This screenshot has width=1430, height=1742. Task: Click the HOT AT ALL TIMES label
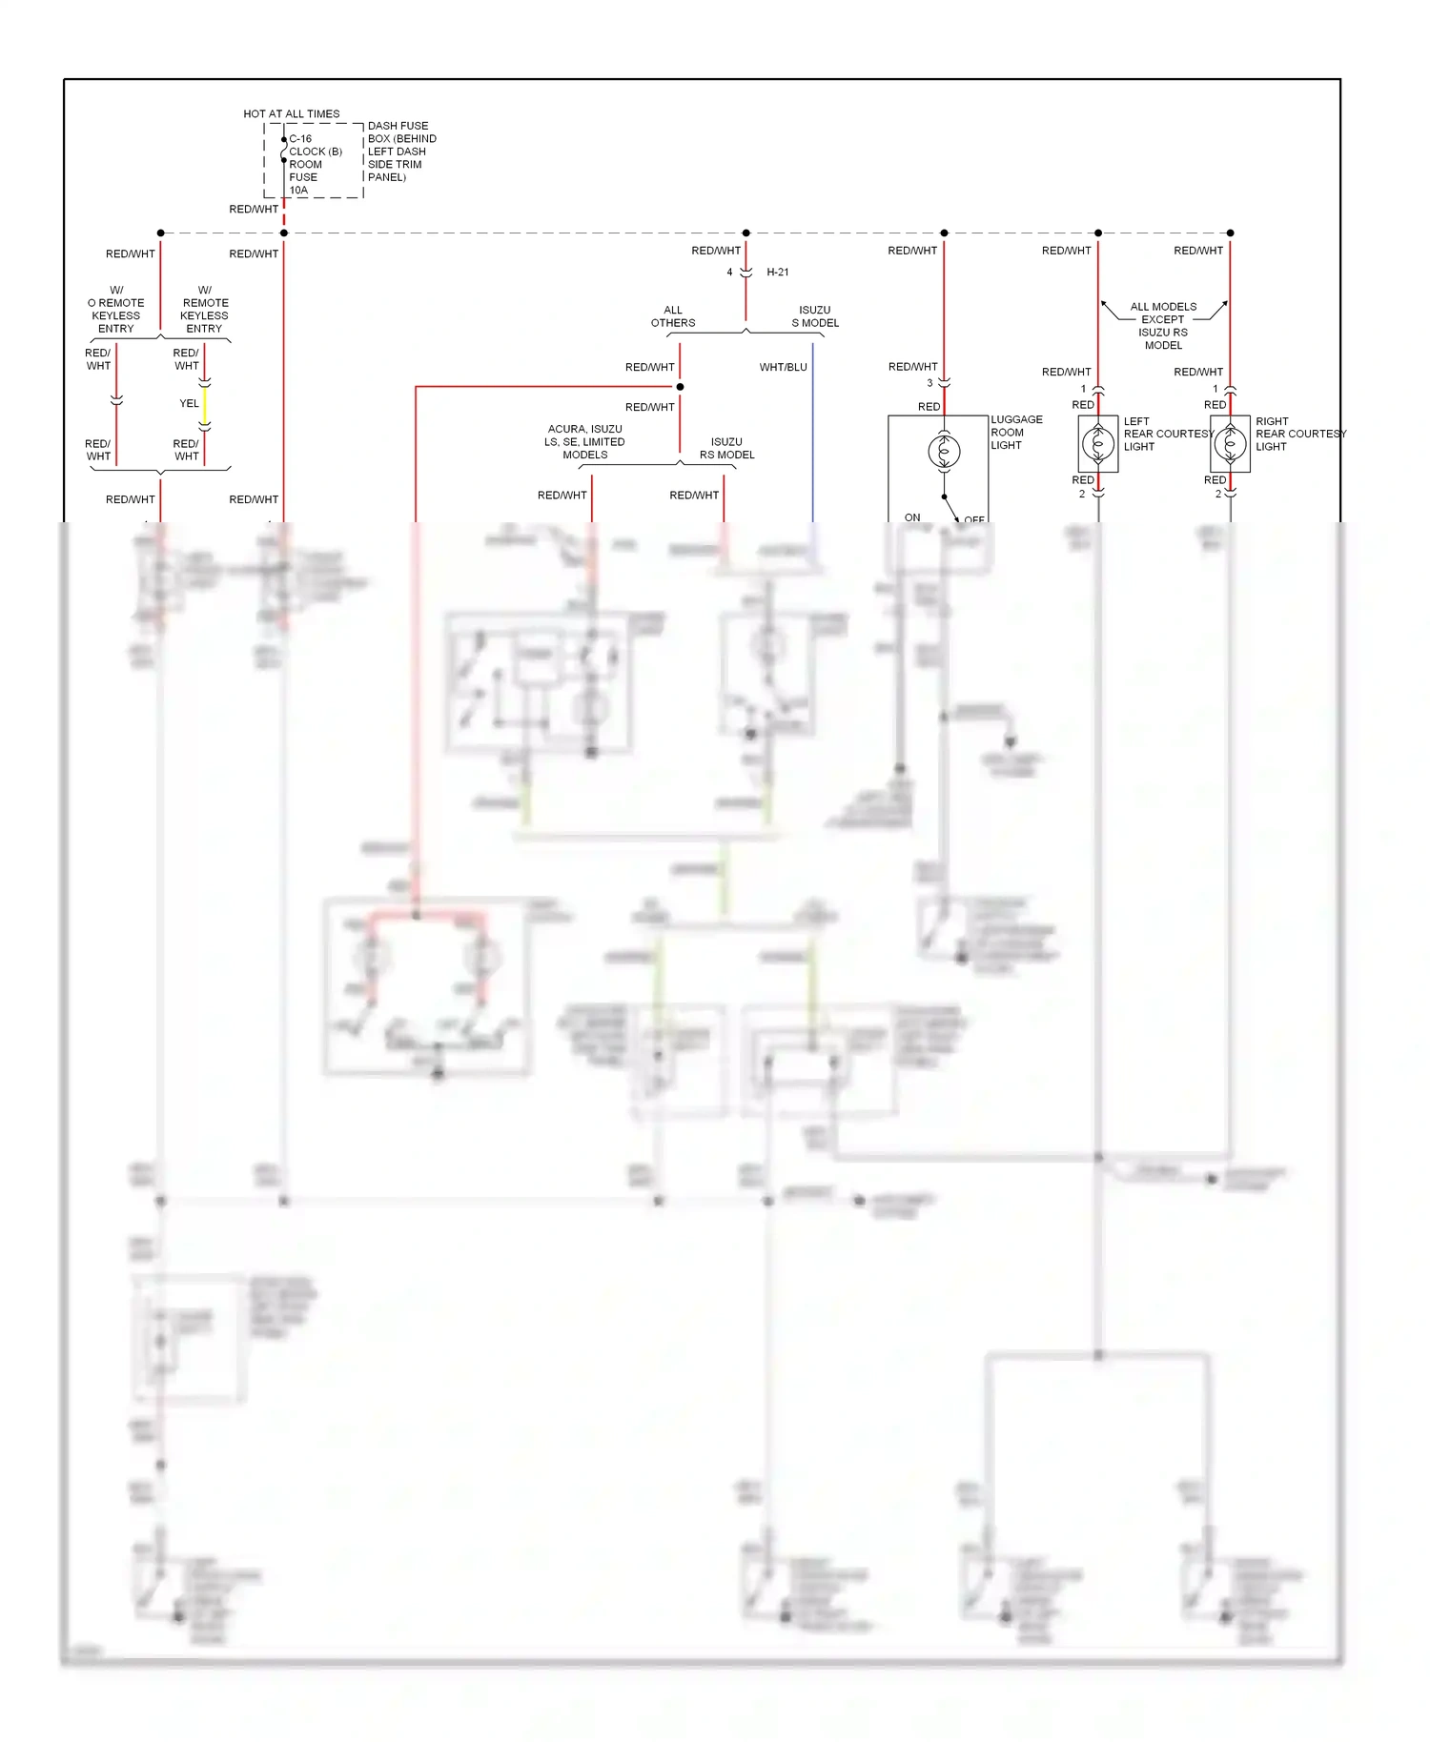tap(291, 114)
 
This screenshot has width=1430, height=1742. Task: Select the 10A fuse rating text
tap(298, 191)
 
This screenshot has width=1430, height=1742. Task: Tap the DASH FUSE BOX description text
tap(401, 152)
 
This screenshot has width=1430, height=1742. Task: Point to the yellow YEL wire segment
tap(204, 405)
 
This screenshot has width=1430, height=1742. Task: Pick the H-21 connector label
tap(777, 273)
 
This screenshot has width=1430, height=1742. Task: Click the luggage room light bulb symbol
tap(944, 450)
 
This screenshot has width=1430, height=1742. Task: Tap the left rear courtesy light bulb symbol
tap(1098, 443)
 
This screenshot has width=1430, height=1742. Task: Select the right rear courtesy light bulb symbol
tap(1230, 443)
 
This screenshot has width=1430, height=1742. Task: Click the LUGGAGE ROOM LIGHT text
tap(1015, 433)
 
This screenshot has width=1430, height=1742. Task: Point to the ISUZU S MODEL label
tap(815, 316)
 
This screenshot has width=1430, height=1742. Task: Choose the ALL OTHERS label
tap(673, 316)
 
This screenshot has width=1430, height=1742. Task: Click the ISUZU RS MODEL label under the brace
tap(726, 449)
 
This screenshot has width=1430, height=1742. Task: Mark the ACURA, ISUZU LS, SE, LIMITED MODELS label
tap(584, 442)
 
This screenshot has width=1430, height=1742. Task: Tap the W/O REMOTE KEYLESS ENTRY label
tap(115, 310)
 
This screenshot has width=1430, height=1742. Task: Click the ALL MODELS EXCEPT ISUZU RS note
tap(1163, 326)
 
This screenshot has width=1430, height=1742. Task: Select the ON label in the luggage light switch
tap(912, 517)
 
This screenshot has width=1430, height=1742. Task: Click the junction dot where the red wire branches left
tap(680, 387)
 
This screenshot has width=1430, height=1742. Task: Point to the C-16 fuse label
tap(300, 139)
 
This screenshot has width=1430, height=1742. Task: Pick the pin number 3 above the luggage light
tap(929, 383)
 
